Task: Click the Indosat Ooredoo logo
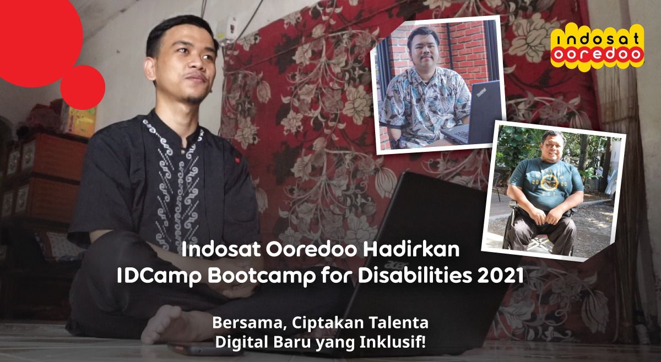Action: [597, 47]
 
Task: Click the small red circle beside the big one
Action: [83, 87]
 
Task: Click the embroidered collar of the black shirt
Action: [172, 130]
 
